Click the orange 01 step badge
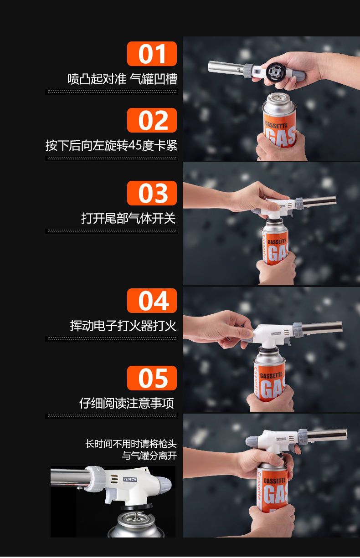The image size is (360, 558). click(x=152, y=54)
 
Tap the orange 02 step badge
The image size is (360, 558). click(x=152, y=120)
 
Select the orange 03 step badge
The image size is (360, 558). click(x=152, y=193)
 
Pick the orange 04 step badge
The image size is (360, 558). click(x=152, y=301)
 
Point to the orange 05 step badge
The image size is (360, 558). click(x=152, y=378)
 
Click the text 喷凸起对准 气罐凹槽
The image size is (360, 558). click(x=122, y=79)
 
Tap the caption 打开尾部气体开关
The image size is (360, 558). click(x=129, y=218)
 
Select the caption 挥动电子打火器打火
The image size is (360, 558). click(x=123, y=326)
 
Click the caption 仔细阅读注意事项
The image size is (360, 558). click(x=127, y=403)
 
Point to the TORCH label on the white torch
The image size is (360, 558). click(x=130, y=479)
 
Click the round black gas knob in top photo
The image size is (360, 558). click(x=275, y=72)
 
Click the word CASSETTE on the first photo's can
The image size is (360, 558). click(x=276, y=125)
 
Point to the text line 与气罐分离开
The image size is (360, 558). click(x=149, y=456)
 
